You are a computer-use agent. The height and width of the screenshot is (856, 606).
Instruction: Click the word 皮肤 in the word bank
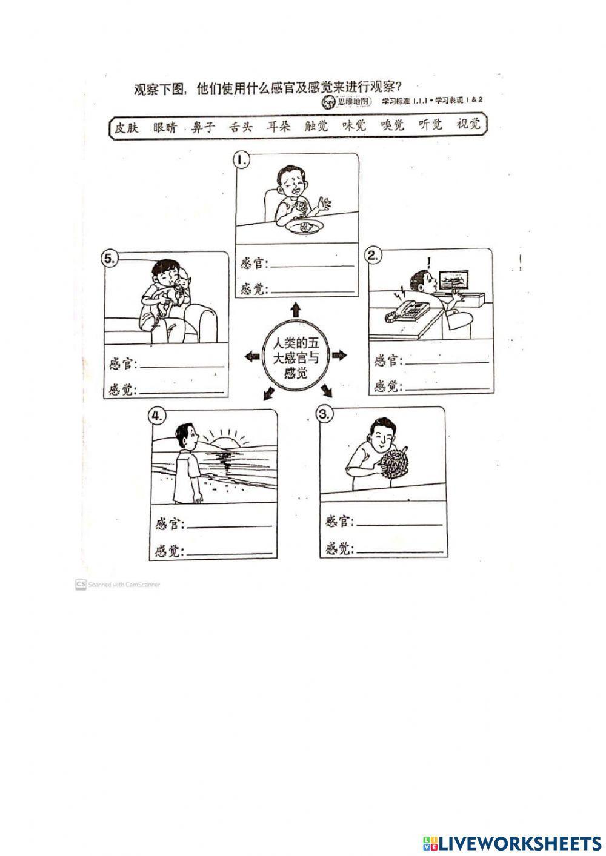pos(127,127)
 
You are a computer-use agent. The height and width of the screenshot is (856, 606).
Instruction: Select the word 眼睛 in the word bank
pos(165,127)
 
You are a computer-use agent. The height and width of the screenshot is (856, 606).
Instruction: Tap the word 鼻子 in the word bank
pos(203,127)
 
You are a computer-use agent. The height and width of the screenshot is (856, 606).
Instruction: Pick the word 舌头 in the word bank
pos(241,127)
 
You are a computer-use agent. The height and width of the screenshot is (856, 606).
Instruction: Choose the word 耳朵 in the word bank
pos(279,126)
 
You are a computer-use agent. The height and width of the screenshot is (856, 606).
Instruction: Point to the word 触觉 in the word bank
pos(316,125)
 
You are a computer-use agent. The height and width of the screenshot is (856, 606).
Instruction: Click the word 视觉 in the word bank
pos(468,124)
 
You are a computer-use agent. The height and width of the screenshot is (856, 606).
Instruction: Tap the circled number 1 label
pos(242,160)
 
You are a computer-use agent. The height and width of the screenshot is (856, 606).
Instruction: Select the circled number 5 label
pos(109,258)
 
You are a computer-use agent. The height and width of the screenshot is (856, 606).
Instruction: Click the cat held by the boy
pos(179,291)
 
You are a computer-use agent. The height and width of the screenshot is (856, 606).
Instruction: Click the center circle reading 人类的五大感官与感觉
pos(295,357)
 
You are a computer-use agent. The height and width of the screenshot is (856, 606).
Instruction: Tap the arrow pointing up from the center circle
pos(296,310)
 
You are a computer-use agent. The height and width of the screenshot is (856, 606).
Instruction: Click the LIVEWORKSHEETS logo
pos(511,843)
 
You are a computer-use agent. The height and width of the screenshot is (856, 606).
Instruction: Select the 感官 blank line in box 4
pos(229,525)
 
